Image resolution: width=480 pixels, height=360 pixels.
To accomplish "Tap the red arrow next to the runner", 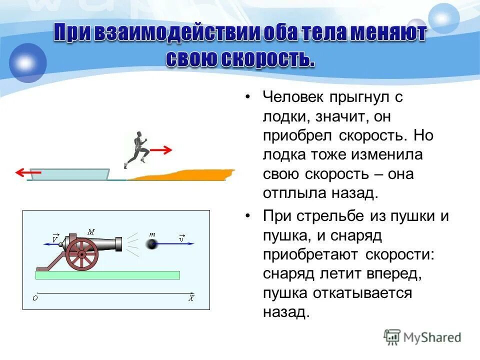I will pyautogui.click(x=161, y=149).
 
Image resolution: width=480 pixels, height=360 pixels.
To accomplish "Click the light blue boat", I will pyautogui.click(x=70, y=174).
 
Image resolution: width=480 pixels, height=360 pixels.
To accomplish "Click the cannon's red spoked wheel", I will pyautogui.click(x=81, y=254).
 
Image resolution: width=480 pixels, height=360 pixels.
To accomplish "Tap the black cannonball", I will pyautogui.click(x=151, y=244).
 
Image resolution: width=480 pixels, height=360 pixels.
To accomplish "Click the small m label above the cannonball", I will pyautogui.click(x=152, y=233).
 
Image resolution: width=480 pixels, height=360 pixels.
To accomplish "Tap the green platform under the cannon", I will pyautogui.click(x=107, y=275).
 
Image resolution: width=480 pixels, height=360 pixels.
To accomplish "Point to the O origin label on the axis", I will pyautogui.click(x=35, y=298).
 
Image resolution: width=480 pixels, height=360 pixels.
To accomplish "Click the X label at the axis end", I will pyautogui.click(x=191, y=298).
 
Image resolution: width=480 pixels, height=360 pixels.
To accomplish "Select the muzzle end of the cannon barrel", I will pyautogui.click(x=118, y=244).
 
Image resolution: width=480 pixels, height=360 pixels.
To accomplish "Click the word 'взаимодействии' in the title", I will pyautogui.click(x=167, y=34).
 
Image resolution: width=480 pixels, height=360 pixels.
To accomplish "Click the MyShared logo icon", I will pyautogui.click(x=392, y=337).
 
